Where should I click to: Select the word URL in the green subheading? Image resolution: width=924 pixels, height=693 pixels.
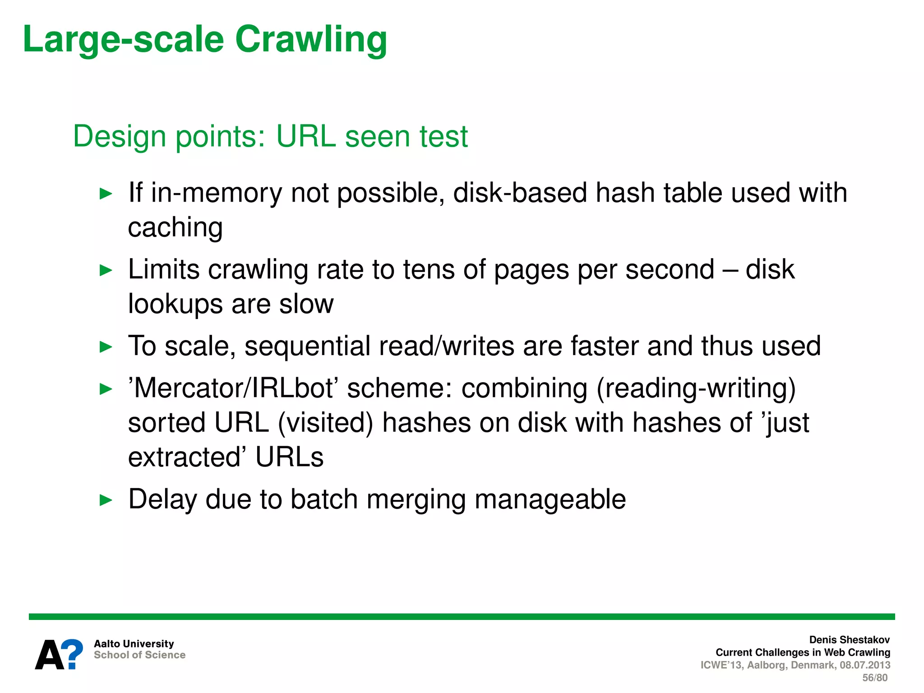(306, 136)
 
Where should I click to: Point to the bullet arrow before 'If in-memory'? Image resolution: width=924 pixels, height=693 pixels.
(106, 194)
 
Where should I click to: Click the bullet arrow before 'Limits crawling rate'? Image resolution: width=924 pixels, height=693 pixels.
(106, 271)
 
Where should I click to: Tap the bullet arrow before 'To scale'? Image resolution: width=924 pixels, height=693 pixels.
(106, 347)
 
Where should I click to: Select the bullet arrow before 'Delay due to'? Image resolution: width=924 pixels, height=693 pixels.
(106, 500)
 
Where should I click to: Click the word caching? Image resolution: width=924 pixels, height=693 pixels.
(175, 228)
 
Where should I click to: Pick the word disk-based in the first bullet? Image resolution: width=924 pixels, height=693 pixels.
(520, 193)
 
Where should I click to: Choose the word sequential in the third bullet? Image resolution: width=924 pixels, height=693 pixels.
(307, 346)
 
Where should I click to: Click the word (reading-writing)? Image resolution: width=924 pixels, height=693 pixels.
(696, 389)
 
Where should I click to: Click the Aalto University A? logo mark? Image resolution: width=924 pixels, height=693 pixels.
(59, 654)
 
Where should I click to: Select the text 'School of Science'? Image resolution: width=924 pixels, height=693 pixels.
(139, 655)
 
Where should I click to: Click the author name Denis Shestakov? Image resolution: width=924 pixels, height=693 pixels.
(849, 640)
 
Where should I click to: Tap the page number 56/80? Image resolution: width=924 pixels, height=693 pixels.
(874, 678)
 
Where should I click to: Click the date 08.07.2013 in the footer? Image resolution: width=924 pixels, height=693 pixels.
(865, 665)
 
